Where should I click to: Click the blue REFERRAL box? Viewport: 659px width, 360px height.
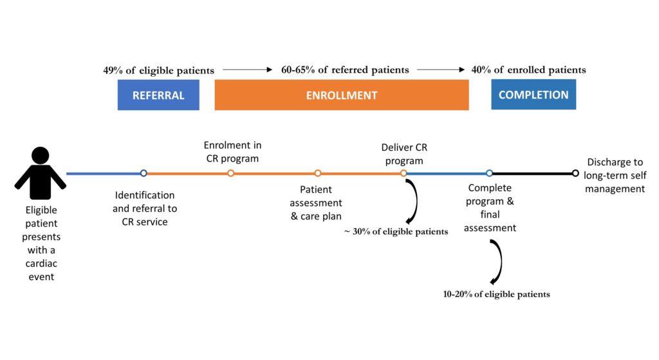[x=158, y=95]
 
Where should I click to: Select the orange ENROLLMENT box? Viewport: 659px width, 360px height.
[x=342, y=95]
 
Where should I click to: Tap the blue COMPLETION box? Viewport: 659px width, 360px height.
[x=534, y=95]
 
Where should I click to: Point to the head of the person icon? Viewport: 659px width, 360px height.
[x=41, y=155]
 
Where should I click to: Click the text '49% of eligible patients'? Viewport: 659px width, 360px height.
[x=158, y=70]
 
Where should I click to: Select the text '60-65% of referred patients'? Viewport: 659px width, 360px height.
[x=345, y=70]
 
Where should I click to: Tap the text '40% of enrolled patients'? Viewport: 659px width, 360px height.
[x=529, y=70]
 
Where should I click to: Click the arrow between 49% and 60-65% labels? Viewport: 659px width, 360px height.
[x=248, y=70]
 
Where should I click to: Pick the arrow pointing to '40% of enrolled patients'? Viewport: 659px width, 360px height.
[x=441, y=70]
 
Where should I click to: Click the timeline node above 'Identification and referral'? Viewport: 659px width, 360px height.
[x=144, y=173]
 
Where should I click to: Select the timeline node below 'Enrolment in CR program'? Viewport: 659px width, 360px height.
[x=231, y=173]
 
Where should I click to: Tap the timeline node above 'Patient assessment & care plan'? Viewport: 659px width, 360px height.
[x=318, y=173]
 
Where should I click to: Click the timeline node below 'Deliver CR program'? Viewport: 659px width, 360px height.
[x=404, y=173]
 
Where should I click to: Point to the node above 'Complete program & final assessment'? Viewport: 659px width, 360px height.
[x=489, y=173]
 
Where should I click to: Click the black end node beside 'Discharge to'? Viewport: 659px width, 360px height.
[x=575, y=173]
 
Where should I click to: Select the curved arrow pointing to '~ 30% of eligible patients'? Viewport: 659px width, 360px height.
[x=416, y=201]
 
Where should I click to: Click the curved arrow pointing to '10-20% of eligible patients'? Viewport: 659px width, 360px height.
[x=501, y=261]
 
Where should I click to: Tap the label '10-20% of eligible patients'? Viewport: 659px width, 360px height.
[x=496, y=294]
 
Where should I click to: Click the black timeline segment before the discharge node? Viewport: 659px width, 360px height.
[x=532, y=173]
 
